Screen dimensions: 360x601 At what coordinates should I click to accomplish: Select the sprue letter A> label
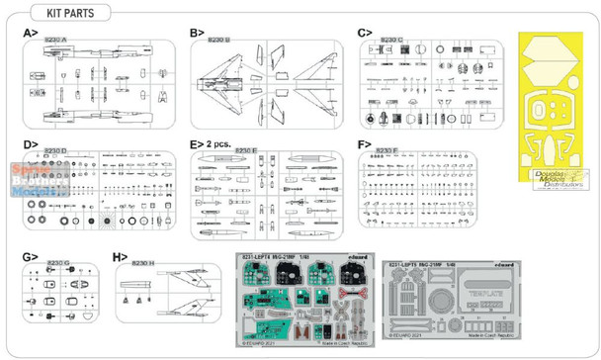coord(30,33)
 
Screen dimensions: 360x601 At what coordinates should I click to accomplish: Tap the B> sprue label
coord(196,33)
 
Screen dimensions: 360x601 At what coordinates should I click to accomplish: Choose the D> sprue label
coord(30,142)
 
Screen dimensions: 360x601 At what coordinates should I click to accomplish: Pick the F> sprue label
coord(362,142)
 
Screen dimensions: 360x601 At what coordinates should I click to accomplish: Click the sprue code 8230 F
coord(386,150)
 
